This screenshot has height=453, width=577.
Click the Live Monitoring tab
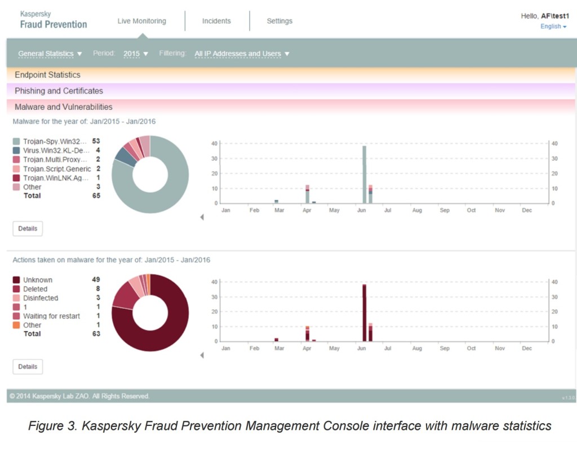pyautogui.click(x=141, y=21)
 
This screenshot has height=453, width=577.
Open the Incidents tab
pyautogui.click(x=216, y=21)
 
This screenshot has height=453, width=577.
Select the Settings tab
pyautogui.click(x=279, y=21)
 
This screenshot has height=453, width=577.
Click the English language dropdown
pyautogui.click(x=553, y=27)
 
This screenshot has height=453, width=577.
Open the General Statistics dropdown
pyautogui.click(x=50, y=54)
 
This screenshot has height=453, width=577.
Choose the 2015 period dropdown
pyautogui.click(x=136, y=54)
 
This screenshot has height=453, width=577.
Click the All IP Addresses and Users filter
pyautogui.click(x=242, y=54)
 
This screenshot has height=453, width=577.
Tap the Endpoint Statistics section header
pyautogui.click(x=47, y=75)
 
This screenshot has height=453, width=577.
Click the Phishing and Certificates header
pyautogui.click(x=59, y=91)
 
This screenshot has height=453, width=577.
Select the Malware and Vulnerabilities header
pyautogui.click(x=63, y=107)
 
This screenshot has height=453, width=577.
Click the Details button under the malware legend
pyautogui.click(x=28, y=228)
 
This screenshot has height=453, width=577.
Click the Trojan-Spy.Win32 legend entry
pyautogui.click(x=55, y=141)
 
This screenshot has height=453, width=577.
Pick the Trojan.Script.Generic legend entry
pyautogui.click(x=56, y=169)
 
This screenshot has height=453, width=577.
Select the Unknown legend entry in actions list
pyautogui.click(x=38, y=280)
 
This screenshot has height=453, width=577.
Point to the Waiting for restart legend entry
pyautogui.click(x=51, y=316)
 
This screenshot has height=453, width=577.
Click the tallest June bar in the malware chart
pyautogui.click(x=365, y=175)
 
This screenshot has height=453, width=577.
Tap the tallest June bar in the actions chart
pyautogui.click(x=365, y=313)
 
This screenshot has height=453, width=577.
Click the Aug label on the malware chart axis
pyautogui.click(x=417, y=210)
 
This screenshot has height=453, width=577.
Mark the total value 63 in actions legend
pyautogui.click(x=96, y=334)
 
